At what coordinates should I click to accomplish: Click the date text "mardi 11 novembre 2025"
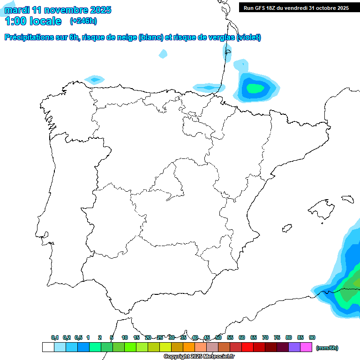(58, 9)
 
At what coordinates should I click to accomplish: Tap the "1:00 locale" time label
(33, 21)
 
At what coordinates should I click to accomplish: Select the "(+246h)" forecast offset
(83, 21)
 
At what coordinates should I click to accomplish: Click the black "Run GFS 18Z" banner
(296, 7)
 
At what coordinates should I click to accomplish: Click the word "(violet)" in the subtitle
(249, 37)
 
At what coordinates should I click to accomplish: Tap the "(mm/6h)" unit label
(327, 348)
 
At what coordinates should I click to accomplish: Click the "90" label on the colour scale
(312, 337)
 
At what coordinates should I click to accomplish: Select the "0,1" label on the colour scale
(55, 337)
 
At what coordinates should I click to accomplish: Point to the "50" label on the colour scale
(218, 337)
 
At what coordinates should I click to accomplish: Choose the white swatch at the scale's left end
(48, 347)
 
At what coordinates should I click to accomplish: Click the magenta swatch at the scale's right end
(306, 347)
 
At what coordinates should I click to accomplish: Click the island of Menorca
(347, 199)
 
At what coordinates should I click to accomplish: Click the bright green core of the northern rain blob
(255, 88)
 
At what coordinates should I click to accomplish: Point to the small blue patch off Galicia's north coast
(95, 80)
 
